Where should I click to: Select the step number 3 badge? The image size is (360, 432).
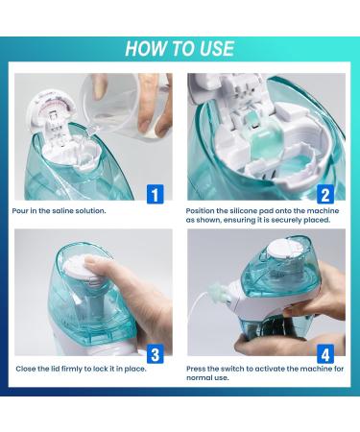click(x=155, y=354)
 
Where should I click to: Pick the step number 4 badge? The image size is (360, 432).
click(x=325, y=354)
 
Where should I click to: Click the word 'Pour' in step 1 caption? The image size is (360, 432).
click(x=21, y=210)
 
